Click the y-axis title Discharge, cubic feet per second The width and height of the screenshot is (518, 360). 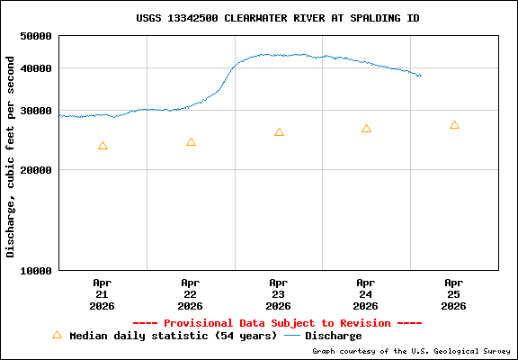point(11,157)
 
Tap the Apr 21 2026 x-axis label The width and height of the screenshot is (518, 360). point(103,293)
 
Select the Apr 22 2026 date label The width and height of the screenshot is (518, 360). point(191,293)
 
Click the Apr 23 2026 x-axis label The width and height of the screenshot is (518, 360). point(279,293)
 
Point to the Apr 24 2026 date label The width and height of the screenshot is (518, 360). point(366,293)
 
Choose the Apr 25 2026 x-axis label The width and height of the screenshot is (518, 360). point(454,293)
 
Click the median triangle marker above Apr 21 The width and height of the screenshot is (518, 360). point(103,146)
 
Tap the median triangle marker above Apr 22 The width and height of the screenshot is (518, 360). point(191,142)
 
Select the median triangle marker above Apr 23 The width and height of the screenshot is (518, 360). point(279,132)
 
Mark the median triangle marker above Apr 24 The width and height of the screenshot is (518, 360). point(366,129)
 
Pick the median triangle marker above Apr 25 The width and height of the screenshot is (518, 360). point(454,125)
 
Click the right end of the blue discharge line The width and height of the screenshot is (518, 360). point(420,76)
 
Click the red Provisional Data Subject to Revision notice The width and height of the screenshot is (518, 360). point(277,323)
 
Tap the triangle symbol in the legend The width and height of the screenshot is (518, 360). point(57,335)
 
